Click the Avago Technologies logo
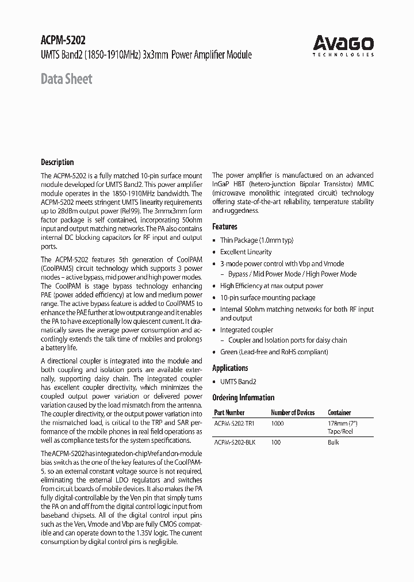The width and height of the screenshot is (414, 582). point(343,45)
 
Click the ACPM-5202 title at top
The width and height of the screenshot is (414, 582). point(63,41)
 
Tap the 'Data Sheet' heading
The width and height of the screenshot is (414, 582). point(66,79)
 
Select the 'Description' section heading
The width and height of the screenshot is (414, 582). point(57,162)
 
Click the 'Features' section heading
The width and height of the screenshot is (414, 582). point(225,227)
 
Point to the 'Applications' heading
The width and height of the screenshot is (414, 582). point(230,368)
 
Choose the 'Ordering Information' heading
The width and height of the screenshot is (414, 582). point(243,397)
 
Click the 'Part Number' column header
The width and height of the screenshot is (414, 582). point(229,412)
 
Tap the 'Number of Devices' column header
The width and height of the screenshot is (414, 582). point(292,412)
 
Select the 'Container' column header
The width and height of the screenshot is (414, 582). point(339,412)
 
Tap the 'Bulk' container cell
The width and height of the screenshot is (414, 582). point(333,442)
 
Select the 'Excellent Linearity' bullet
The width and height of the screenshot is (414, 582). point(246,252)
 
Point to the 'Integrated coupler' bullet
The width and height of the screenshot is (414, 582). point(247,330)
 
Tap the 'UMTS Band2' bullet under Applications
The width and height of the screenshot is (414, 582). point(238,381)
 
